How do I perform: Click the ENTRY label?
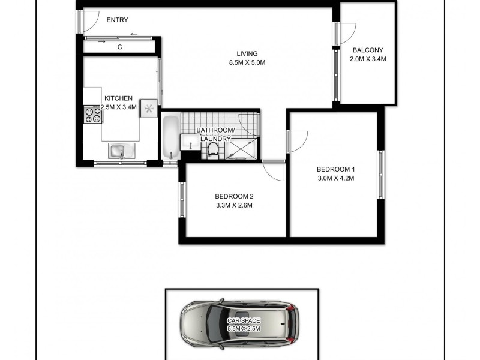tap(117, 20)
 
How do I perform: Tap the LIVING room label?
tap(247, 53)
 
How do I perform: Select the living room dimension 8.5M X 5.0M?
tap(247, 62)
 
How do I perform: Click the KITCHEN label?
tap(118, 98)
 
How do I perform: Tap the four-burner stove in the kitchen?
tap(92, 114)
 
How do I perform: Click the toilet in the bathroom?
tap(213, 152)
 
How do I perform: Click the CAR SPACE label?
tap(244, 321)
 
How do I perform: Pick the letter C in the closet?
tap(120, 47)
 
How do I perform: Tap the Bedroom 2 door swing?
tap(275, 170)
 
